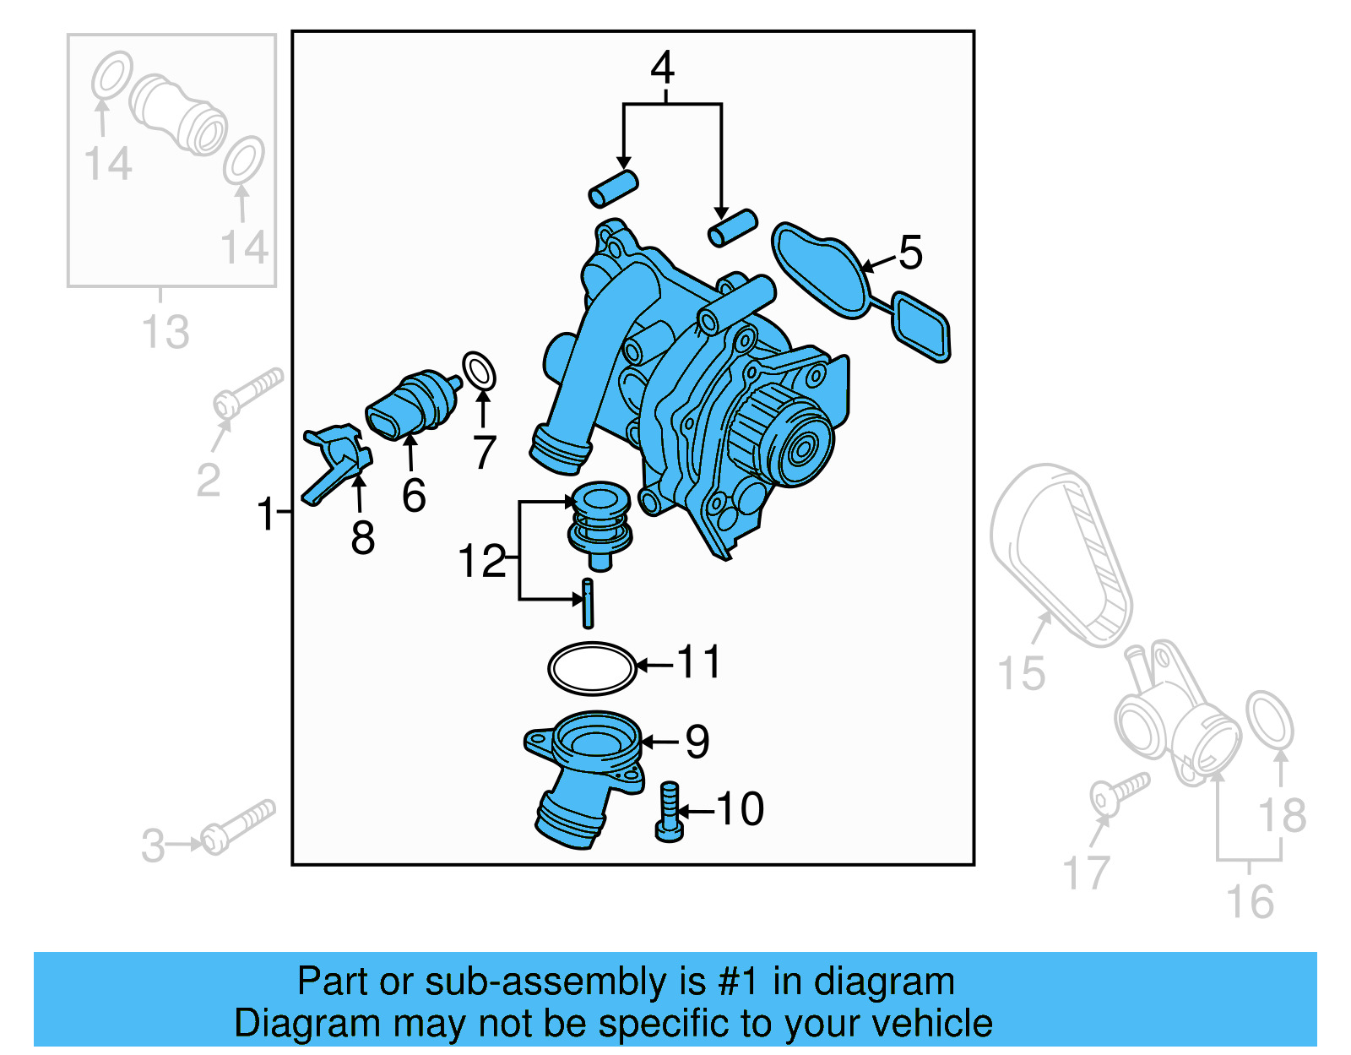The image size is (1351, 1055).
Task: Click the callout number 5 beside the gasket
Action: [910, 253]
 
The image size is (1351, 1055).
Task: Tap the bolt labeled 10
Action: [669, 812]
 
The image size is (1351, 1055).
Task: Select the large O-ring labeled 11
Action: [591, 668]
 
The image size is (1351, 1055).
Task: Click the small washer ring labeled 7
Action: [480, 372]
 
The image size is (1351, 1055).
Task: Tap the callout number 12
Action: [481, 561]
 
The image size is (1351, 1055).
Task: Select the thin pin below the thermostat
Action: [588, 603]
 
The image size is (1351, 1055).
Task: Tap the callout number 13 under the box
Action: [165, 332]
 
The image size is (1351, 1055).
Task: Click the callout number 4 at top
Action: [663, 68]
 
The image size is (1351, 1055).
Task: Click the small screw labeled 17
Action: [1118, 793]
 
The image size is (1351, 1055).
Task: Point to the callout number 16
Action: [1250, 902]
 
